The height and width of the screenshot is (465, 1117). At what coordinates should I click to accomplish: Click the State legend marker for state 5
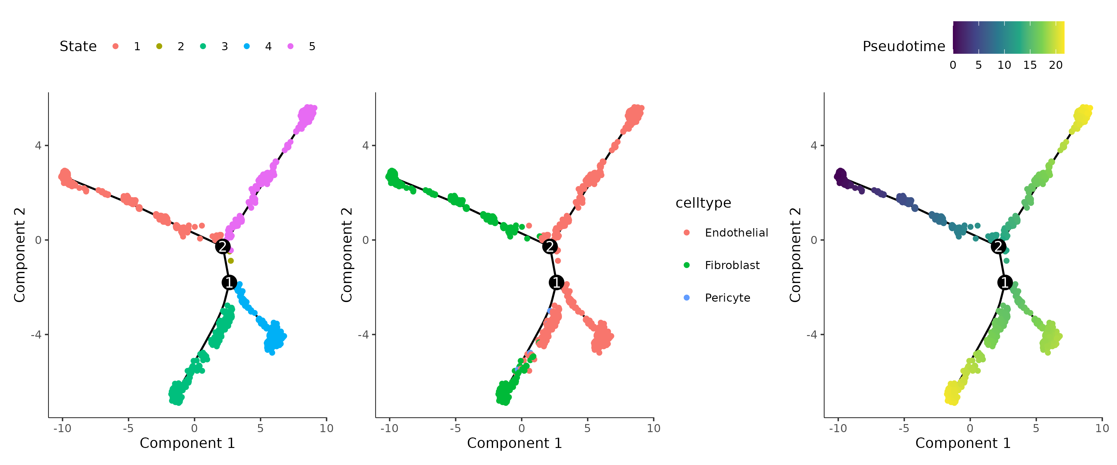[290, 46]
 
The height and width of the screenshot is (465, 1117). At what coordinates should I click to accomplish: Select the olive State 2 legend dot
[159, 46]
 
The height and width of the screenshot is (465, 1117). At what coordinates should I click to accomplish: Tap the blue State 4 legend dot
[247, 46]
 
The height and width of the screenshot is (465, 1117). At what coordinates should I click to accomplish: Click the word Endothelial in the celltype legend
[736, 233]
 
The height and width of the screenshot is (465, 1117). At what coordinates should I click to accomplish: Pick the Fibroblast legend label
[732, 265]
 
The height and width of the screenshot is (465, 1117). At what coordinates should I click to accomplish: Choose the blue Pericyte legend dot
[686, 298]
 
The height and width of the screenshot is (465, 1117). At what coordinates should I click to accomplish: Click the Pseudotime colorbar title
[903, 46]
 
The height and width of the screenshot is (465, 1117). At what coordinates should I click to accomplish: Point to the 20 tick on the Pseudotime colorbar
[1056, 65]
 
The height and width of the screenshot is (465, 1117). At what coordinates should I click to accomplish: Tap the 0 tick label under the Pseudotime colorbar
[953, 65]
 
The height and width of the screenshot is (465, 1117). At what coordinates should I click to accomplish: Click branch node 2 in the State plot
[223, 246]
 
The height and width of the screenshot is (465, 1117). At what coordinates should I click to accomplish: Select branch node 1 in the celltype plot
[556, 282]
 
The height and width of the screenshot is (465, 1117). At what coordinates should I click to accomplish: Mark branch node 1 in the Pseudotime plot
[1005, 282]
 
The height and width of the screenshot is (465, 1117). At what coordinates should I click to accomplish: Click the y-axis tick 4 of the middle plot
[366, 146]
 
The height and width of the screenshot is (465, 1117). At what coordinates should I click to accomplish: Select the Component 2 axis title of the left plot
[20, 255]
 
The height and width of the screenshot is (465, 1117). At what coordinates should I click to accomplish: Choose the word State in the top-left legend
[78, 46]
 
